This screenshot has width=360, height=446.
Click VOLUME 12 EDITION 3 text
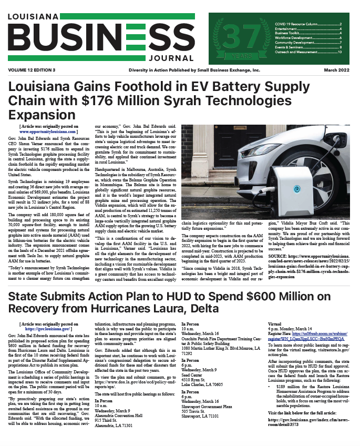click(x=32, y=70)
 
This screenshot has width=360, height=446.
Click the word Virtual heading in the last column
click(x=275, y=325)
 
